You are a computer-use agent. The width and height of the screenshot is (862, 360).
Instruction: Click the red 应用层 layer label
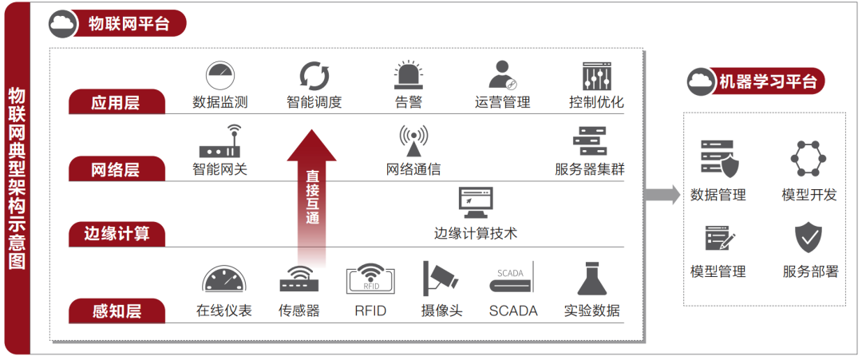(117, 102)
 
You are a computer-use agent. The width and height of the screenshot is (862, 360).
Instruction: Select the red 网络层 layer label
(117, 169)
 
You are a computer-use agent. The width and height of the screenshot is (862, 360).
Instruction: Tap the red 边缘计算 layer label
(117, 235)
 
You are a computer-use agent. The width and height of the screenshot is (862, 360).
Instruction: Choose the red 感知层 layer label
(117, 311)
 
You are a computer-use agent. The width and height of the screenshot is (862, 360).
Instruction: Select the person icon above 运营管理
(502, 76)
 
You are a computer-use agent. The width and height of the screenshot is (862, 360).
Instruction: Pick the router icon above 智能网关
(220, 142)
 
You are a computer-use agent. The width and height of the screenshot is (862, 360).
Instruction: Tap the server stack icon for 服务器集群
(589, 141)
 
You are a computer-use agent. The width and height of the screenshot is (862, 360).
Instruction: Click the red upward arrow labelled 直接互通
(312, 198)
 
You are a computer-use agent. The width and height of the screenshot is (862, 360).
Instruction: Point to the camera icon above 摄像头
(440, 279)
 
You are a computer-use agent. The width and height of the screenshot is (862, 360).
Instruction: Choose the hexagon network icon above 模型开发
(808, 159)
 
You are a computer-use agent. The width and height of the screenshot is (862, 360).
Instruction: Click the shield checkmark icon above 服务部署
(809, 237)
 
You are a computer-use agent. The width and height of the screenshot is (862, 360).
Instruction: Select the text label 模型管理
(718, 271)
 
